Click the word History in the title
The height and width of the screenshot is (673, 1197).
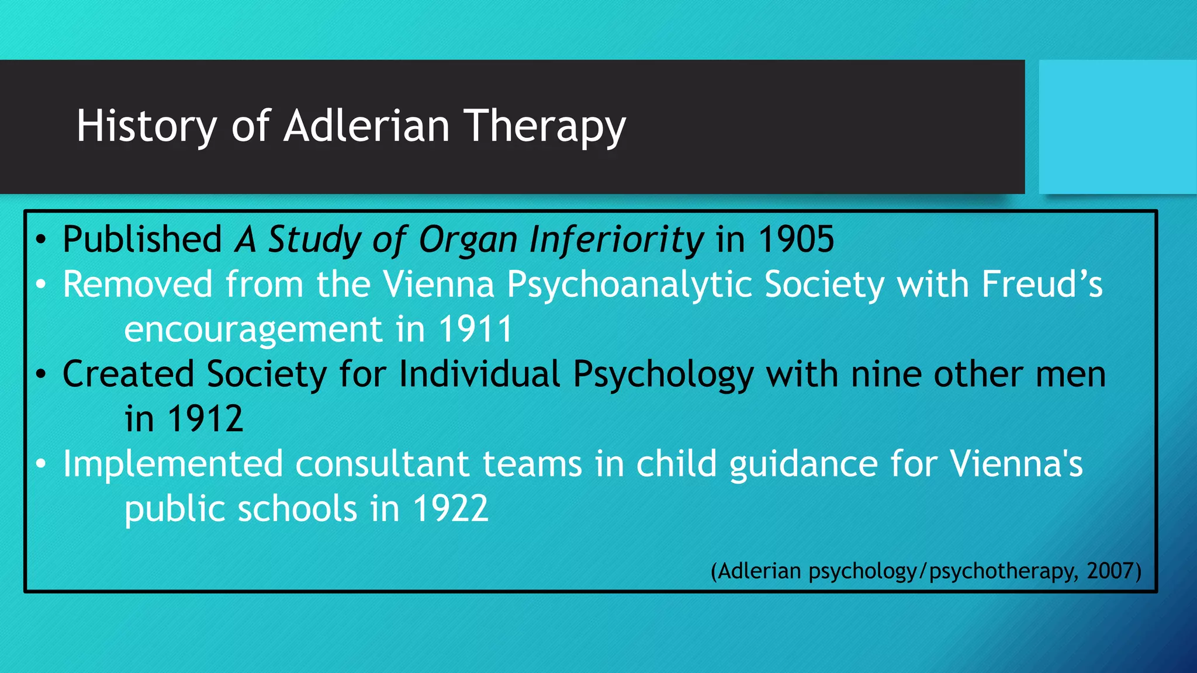click(146, 126)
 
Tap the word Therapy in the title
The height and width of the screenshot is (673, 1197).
click(545, 126)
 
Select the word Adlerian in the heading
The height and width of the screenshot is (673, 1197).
click(366, 126)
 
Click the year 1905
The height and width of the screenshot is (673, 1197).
click(796, 240)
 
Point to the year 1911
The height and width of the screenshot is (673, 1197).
click(475, 329)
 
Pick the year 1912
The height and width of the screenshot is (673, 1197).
click(205, 419)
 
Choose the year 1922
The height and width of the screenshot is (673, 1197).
click(450, 509)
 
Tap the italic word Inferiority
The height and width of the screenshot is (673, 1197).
click(616, 240)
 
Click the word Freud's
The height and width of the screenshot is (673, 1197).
click(1042, 285)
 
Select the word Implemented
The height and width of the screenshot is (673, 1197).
click(173, 464)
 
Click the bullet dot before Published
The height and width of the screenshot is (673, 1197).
click(40, 240)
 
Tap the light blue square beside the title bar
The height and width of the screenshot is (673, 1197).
click(1117, 126)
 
